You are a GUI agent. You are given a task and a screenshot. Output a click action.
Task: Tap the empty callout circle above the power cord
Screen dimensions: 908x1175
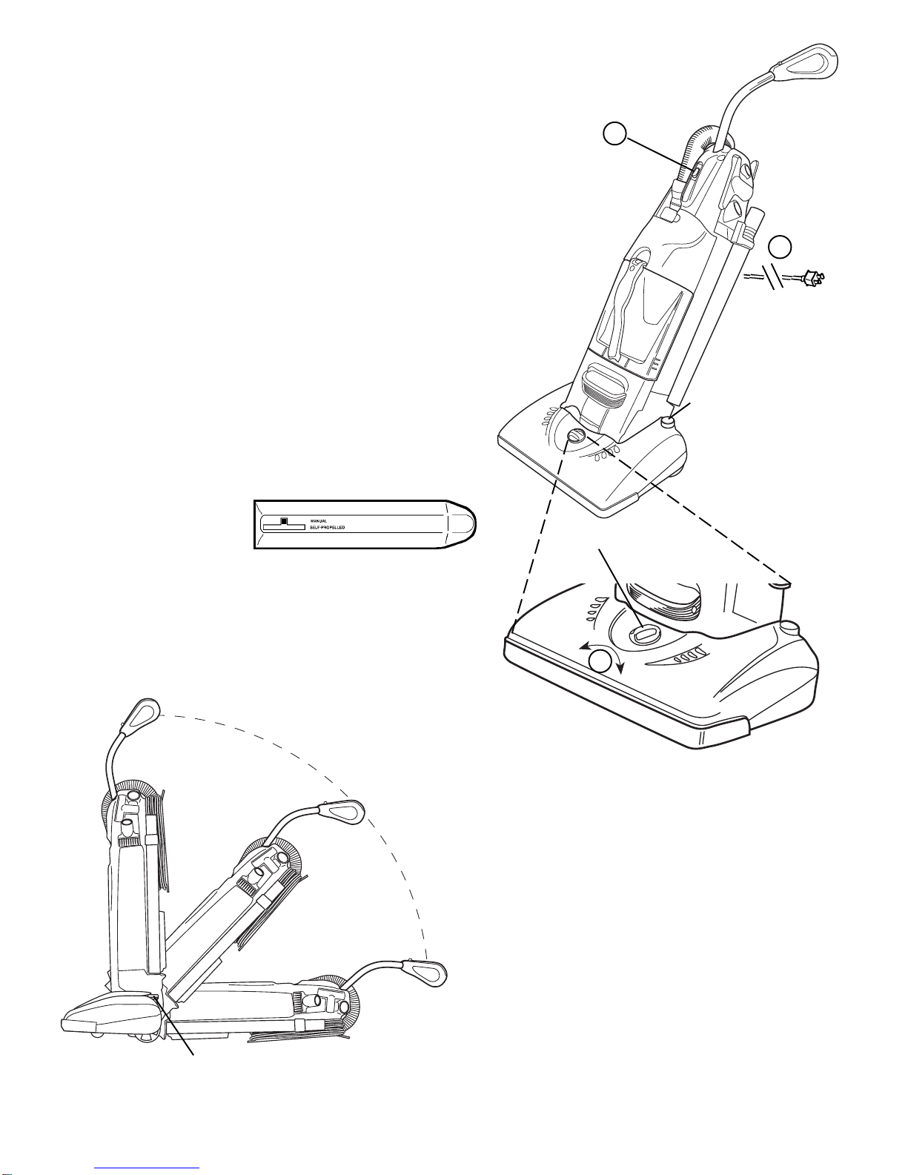point(781,247)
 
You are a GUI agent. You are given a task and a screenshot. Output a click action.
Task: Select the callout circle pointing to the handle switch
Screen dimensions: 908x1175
point(615,134)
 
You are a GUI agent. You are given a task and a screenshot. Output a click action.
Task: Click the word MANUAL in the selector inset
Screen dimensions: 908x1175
point(318,520)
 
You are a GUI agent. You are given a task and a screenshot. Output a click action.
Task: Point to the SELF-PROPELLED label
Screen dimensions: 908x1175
point(328,527)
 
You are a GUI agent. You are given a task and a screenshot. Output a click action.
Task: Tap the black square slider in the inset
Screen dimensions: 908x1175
point(285,520)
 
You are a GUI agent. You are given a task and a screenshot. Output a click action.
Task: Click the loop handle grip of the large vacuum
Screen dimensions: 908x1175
point(812,61)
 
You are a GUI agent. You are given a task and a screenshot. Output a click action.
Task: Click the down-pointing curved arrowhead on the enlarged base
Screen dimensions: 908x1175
point(620,669)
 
